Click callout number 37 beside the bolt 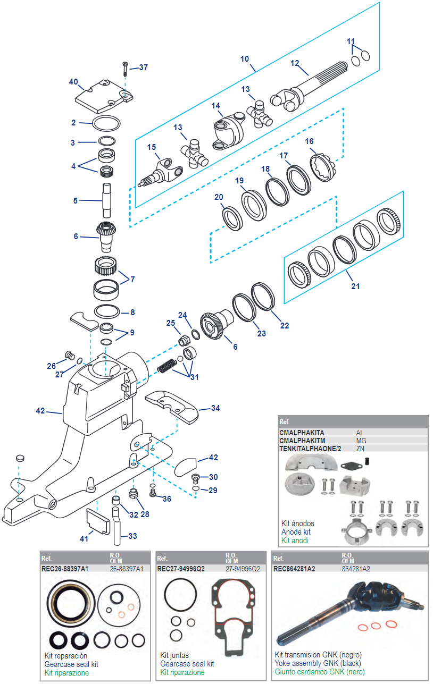click(x=143, y=67)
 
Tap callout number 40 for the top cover click(x=73, y=82)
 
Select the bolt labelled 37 click(x=125, y=69)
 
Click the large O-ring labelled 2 click(x=106, y=123)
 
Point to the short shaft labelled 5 click(x=106, y=200)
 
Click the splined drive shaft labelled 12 click(x=309, y=87)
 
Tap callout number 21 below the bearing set click(x=355, y=286)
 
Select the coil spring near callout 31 click(x=167, y=366)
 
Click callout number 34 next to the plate click(x=215, y=408)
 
